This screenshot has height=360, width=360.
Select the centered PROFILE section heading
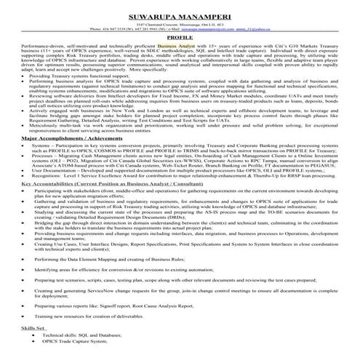180,35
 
